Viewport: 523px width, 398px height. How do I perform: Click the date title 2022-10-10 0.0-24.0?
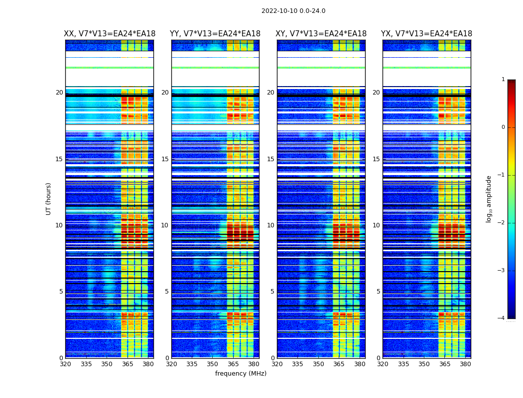293,11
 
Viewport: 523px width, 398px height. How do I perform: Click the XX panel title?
110,34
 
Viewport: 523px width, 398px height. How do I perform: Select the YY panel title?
215,34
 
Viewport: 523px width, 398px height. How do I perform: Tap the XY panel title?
321,34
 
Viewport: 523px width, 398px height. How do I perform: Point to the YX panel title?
426,34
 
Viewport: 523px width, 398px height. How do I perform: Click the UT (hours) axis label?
49,199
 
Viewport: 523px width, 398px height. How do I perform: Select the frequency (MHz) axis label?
241,374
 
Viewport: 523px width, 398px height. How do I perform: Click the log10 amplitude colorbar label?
489,199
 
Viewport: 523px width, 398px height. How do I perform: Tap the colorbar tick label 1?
503,80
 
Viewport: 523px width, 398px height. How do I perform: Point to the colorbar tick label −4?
502,318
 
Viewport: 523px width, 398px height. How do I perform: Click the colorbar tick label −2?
502,223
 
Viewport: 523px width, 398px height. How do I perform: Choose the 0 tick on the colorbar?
503,127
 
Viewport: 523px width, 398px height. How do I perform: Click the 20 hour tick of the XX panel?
59,93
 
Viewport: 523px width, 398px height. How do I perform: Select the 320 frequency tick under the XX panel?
65,364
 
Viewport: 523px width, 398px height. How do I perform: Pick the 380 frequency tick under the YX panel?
465,364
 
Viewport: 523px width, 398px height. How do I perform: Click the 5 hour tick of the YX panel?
378,292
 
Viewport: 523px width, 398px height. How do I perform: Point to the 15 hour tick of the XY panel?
270,159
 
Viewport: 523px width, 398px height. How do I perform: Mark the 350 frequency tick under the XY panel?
318,364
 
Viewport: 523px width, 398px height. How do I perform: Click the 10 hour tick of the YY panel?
165,225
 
